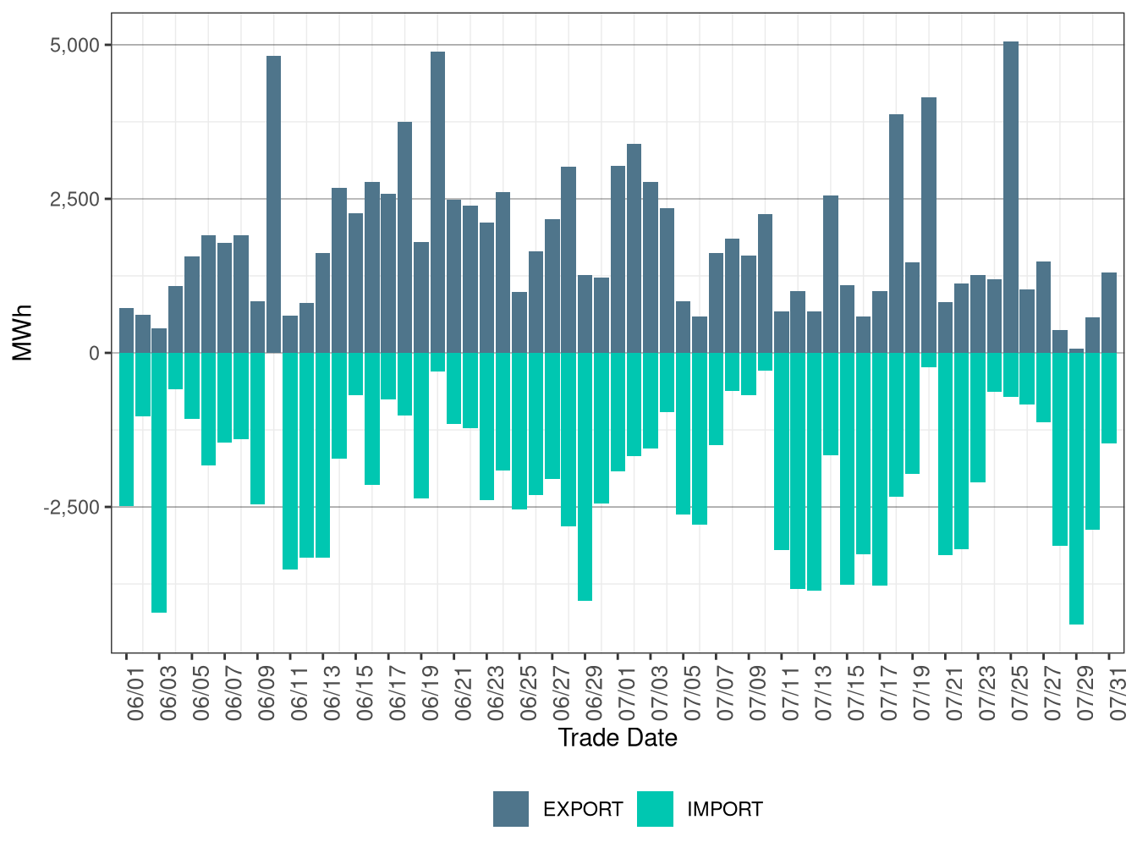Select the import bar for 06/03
coord(159,482)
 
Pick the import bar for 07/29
coord(1076,488)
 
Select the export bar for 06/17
coord(388,273)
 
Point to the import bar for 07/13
coord(814,471)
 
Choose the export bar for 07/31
coord(1109,313)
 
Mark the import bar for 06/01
coord(126,429)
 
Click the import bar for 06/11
coord(290,461)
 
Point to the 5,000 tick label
coord(74,45)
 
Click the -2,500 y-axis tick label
coord(72,508)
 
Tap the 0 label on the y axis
coord(94,353)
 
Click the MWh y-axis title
coord(23,333)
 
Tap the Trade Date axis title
coord(618,738)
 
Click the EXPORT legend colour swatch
coord(511,809)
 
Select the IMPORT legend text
coord(724,810)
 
